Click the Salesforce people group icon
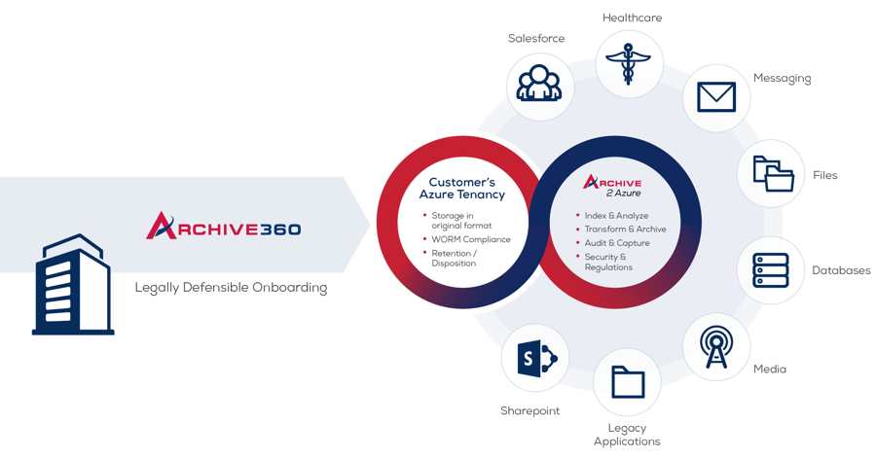(538, 84)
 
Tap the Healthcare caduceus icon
(629, 63)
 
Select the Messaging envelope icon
(716, 97)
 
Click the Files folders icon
(773, 174)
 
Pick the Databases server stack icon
(771, 270)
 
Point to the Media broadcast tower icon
(716, 347)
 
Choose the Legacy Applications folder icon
(628, 382)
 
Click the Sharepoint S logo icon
(537, 358)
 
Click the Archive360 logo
(224, 226)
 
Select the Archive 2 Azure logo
(612, 186)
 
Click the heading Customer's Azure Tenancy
(462, 189)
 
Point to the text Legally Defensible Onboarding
(231, 288)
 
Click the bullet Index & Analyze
(612, 216)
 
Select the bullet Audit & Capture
(613, 243)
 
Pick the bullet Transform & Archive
(621, 229)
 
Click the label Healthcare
(632, 18)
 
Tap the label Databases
(841, 270)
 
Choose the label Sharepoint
(529, 411)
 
